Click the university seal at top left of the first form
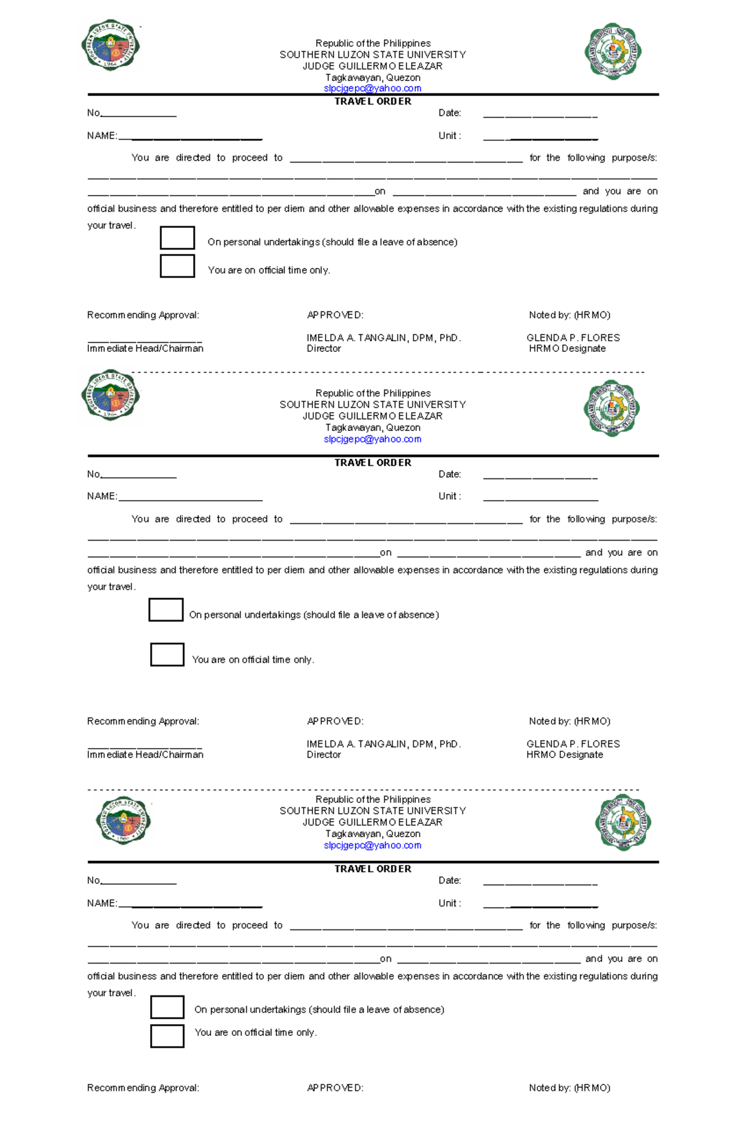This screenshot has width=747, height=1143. coord(110,45)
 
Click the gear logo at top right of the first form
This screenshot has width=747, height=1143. coord(613,51)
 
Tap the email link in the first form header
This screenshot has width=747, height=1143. coord(372,88)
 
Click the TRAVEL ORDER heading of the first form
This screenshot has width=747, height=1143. coord(372,101)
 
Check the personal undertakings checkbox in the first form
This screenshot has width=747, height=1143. coord(177,238)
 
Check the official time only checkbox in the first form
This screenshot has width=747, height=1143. coord(177,266)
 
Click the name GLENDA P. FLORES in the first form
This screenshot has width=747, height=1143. coord(573,338)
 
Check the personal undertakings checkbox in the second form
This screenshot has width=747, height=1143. coord(166,610)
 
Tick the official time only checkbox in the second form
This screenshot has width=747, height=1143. coord(167,655)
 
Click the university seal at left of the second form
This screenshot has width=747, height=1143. coord(110,395)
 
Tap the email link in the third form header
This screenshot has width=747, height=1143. coord(372,845)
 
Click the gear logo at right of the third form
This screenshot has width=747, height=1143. coord(622,822)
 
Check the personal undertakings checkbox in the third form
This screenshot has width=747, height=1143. coord(167,1007)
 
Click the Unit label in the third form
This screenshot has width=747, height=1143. coord(449,903)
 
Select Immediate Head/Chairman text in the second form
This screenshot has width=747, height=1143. coord(145,754)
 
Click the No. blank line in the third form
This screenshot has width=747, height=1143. coord(138,883)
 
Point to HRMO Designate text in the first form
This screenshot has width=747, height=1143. coord(566,348)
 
